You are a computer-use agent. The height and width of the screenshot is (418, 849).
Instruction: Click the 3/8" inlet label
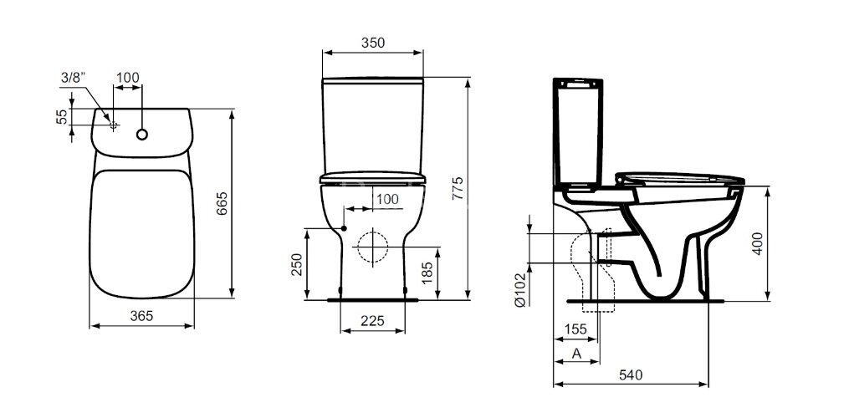pyautogui.click(x=73, y=78)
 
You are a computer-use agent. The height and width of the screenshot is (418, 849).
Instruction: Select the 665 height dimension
pyautogui.click(x=222, y=204)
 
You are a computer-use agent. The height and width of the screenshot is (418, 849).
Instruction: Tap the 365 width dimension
pyautogui.click(x=141, y=315)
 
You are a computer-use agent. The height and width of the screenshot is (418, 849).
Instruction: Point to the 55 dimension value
pyautogui.click(x=63, y=116)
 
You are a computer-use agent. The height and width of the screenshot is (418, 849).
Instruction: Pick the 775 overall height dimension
pyautogui.click(x=458, y=188)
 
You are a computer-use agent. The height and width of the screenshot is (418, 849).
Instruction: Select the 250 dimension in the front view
pyautogui.click(x=297, y=263)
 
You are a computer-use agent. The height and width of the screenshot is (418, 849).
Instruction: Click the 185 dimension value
pyautogui.click(x=427, y=273)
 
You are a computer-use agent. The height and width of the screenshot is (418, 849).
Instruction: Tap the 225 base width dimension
pyautogui.click(x=372, y=321)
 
